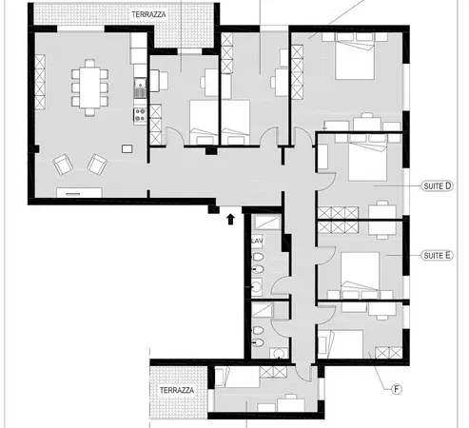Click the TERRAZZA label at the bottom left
pos(177,391)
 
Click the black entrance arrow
pos(230,220)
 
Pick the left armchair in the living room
pos(64,165)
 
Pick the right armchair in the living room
pos(95,165)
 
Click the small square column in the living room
pos(127,147)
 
